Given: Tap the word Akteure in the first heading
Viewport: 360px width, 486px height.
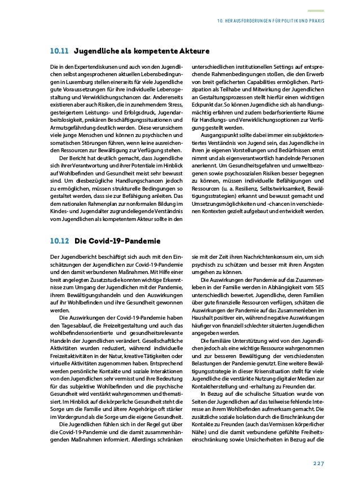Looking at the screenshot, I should (191, 52).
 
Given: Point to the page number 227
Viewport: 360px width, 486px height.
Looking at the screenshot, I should (318, 463).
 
